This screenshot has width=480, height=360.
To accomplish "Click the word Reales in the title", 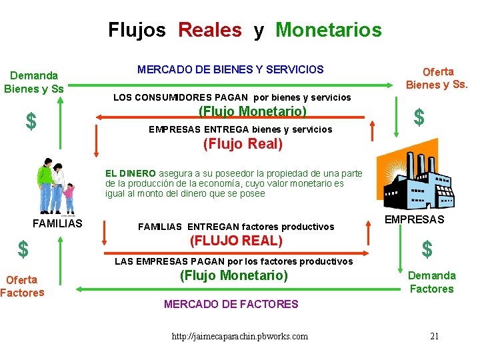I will (210, 30).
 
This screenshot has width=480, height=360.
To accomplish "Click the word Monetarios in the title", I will (328, 30).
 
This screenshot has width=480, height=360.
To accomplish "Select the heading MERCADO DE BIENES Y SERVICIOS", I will (230, 69).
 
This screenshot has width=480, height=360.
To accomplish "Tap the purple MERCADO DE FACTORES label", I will (231, 304).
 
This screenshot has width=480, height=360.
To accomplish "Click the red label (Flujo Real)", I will (243, 143).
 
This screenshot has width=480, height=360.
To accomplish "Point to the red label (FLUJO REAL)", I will (237, 241).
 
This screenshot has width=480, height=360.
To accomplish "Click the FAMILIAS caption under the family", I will (57, 223).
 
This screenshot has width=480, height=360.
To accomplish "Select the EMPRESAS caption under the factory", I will (415, 219).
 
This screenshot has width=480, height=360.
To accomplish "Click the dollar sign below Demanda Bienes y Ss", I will (31, 121).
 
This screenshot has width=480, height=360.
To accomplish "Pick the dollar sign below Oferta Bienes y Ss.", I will (419, 117).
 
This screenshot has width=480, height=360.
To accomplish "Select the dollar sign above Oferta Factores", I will (23, 249).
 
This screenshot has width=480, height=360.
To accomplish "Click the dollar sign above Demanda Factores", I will (427, 249).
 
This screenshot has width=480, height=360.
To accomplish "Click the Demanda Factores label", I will (431, 282).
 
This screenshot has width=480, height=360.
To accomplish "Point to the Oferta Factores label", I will (22, 286).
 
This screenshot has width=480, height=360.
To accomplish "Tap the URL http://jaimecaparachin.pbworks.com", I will (240, 336).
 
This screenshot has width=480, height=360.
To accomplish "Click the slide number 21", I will (434, 335).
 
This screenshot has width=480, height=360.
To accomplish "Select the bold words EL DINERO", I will (131, 173).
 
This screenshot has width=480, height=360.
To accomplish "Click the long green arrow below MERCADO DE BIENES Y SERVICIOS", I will (230, 85).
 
